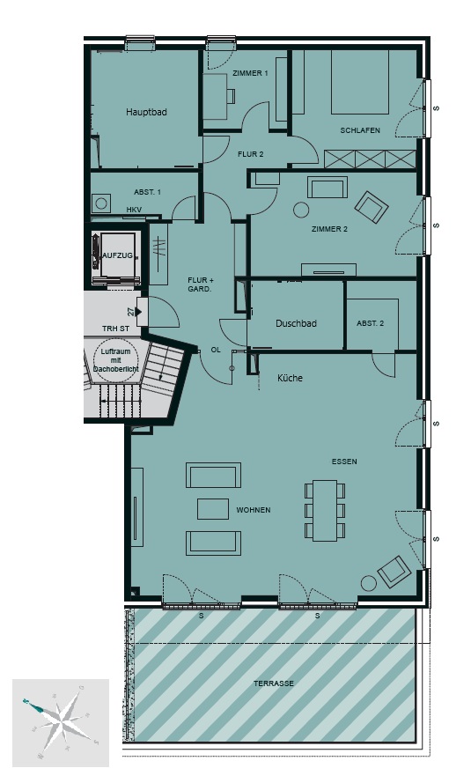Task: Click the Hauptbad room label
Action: click(x=146, y=112)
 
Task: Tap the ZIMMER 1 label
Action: click(x=250, y=73)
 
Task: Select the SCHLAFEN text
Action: click(x=360, y=130)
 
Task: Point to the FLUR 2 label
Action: click(x=251, y=154)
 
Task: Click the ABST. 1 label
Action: click(x=147, y=192)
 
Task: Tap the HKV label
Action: click(x=134, y=210)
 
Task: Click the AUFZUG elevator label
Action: click(x=118, y=255)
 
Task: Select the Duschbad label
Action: click(x=296, y=323)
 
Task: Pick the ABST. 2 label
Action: click(x=371, y=323)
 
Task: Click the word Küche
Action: click(x=290, y=378)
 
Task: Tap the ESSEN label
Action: click(x=344, y=462)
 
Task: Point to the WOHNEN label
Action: click(x=254, y=510)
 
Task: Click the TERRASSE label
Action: click(x=274, y=683)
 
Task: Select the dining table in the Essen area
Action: click(x=325, y=510)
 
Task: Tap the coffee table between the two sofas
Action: click(x=213, y=509)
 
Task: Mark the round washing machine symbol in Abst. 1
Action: click(x=101, y=203)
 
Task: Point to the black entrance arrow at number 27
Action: click(x=139, y=312)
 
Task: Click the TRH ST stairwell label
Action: click(x=115, y=329)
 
